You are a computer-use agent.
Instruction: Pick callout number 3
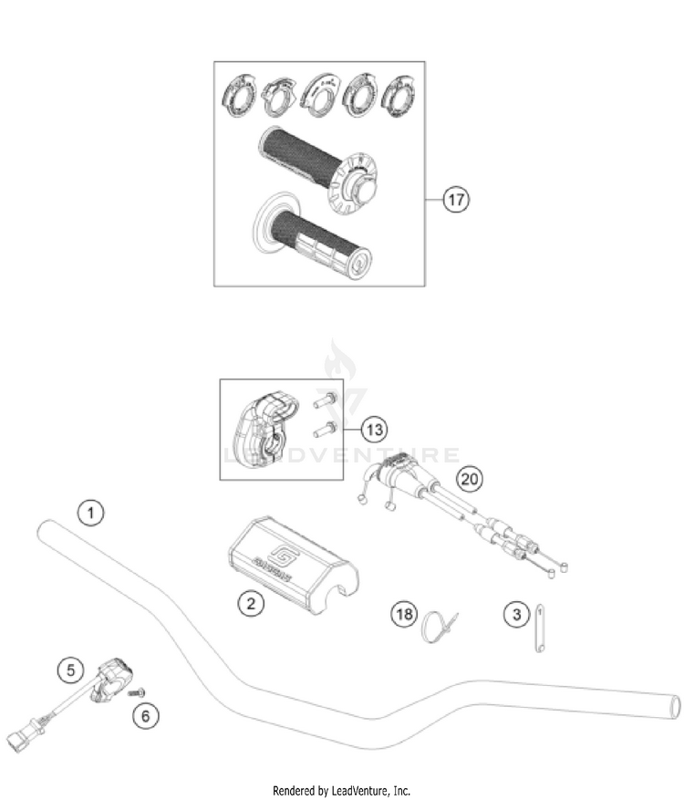point(517,614)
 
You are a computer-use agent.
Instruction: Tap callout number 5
point(67,670)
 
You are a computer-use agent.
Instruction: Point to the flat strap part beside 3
point(539,626)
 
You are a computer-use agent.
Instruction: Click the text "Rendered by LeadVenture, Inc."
point(341,790)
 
